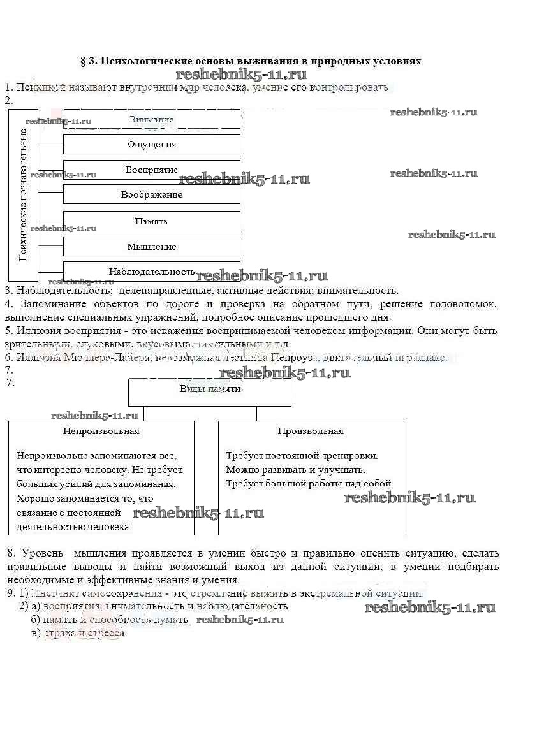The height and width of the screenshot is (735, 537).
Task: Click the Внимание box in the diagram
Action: (151, 119)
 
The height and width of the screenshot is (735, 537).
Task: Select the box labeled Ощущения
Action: (152, 144)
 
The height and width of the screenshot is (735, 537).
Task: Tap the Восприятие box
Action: (152, 170)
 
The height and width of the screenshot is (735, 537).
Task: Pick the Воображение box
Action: (152, 194)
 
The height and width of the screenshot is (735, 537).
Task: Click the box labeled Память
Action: (152, 221)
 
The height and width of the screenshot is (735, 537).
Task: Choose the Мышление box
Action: (152, 247)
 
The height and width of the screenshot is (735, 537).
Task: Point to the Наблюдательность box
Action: (152, 272)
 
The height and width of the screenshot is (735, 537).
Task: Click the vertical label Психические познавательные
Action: (23, 194)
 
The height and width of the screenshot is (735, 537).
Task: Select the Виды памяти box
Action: (210, 389)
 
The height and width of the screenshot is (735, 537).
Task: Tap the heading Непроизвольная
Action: (101, 431)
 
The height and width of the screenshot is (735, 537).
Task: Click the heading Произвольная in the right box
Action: (311, 431)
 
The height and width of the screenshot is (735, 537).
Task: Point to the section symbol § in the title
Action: (83, 62)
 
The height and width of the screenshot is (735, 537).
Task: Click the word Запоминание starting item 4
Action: (54, 304)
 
